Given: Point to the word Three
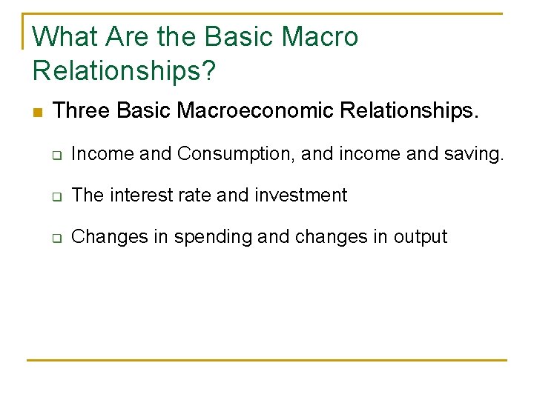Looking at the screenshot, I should point(82,111).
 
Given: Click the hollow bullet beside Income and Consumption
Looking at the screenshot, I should point(56,155).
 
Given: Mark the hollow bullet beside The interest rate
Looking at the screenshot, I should point(56,196).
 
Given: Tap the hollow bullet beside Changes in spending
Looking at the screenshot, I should point(56,238).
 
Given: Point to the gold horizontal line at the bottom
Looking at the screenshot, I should point(267,361).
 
